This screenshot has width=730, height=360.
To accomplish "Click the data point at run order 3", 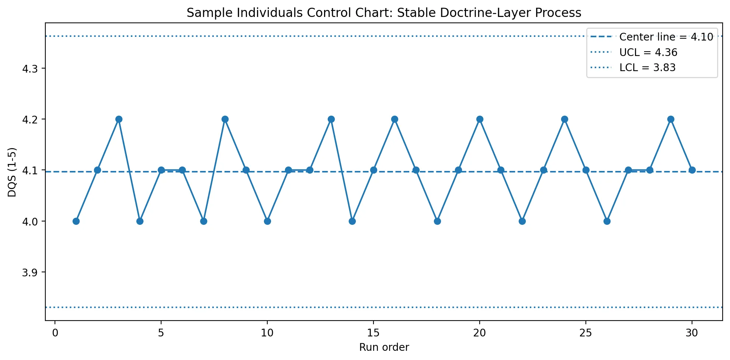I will (x=119, y=119).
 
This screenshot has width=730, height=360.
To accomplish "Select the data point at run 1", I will (x=76, y=221).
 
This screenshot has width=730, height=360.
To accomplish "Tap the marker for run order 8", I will (x=225, y=119).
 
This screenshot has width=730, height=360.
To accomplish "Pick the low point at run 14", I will (x=352, y=221).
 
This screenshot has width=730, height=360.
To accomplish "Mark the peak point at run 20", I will (x=480, y=119).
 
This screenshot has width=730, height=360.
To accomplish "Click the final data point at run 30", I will (x=692, y=170).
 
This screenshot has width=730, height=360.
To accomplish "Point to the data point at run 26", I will (x=607, y=221).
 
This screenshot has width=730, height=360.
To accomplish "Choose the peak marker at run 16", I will (x=394, y=119).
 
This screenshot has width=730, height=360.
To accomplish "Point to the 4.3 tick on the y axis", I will (x=30, y=69).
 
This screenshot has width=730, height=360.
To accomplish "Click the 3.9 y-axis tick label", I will (x=30, y=272).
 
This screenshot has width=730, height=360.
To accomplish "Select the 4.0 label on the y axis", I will (x=30, y=221).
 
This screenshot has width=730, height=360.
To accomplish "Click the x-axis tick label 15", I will (x=373, y=333).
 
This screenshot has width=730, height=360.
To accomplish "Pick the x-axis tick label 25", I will (x=585, y=333).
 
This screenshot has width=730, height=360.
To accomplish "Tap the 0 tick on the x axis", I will (x=55, y=333).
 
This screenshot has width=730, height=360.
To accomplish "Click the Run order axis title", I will (x=384, y=347).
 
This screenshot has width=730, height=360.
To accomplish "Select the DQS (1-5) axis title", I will (x=12, y=172).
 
